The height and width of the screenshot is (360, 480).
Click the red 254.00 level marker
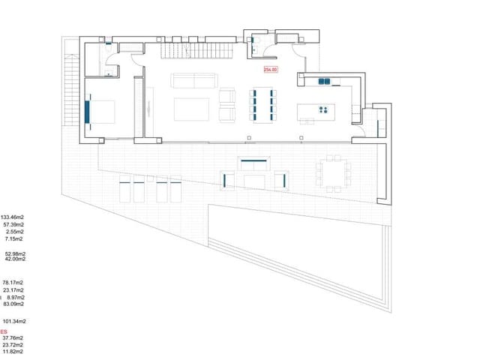point(270,70)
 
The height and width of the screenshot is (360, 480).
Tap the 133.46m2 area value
point(13,217)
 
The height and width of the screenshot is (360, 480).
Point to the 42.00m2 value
point(15,259)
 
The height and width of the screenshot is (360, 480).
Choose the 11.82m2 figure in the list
point(13,351)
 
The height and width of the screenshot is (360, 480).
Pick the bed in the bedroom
point(101,112)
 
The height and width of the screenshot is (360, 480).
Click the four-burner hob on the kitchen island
point(324,110)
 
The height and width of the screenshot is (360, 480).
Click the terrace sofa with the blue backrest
point(254,161)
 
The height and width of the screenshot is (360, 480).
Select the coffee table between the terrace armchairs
point(255,181)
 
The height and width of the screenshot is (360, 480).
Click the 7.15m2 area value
point(14,240)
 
